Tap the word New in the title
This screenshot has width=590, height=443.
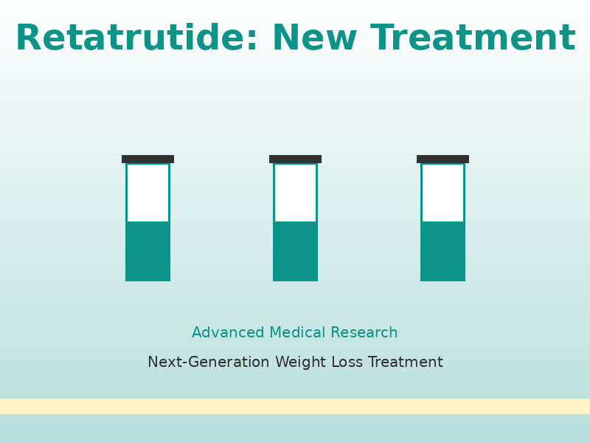[x=315, y=38]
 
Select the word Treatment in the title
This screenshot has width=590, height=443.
[x=473, y=38]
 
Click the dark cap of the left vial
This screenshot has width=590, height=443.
[x=147, y=159]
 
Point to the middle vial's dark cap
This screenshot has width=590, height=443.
[x=295, y=159]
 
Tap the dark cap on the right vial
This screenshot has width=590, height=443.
[x=442, y=159]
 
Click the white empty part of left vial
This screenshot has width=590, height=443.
[x=147, y=193]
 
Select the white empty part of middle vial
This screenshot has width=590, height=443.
[x=295, y=193]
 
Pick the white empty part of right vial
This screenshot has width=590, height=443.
[x=442, y=193]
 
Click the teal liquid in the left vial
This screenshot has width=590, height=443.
[x=147, y=251]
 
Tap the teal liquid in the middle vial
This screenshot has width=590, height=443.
[x=295, y=251]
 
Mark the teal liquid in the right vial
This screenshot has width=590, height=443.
[x=442, y=251]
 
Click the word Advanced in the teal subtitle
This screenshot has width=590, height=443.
[x=228, y=333]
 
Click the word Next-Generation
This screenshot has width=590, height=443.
[x=208, y=363]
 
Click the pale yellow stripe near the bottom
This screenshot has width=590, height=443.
[x=295, y=406]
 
